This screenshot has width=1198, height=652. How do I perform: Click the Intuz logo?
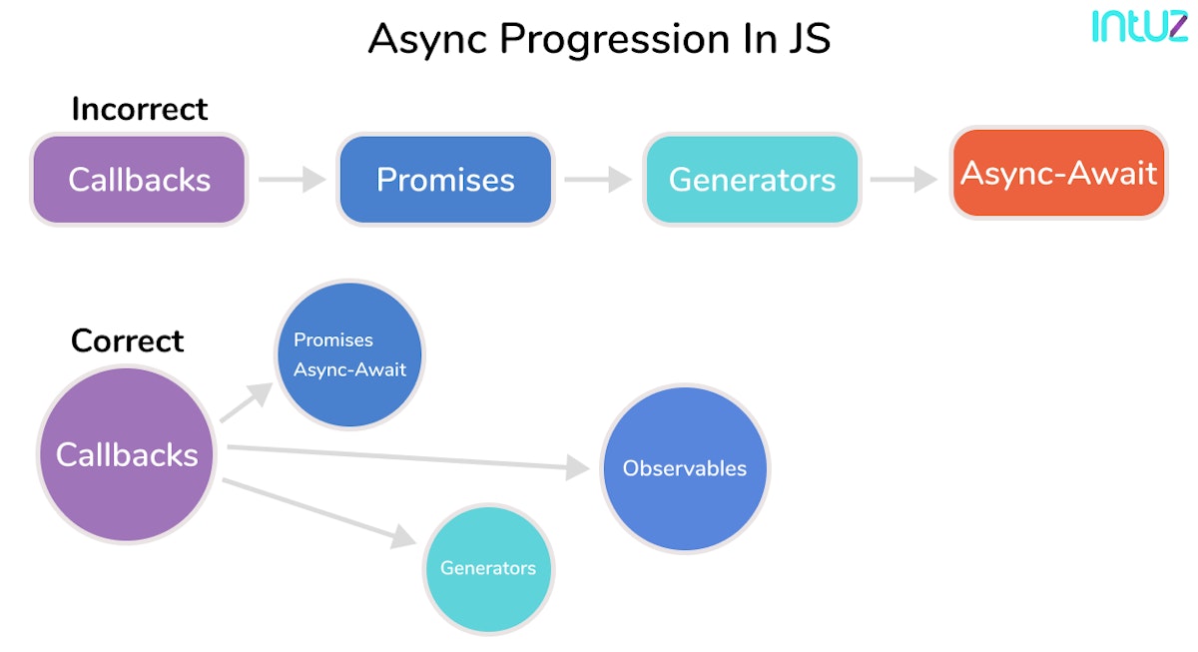click(1138, 26)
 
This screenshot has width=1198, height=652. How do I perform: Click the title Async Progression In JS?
click(599, 40)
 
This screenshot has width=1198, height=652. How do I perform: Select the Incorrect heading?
click(139, 108)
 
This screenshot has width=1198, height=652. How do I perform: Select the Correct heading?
click(127, 340)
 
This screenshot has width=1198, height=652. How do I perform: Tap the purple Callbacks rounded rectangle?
click(139, 180)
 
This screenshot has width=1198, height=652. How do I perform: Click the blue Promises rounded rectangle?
click(445, 180)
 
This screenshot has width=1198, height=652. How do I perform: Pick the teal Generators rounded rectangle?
click(752, 180)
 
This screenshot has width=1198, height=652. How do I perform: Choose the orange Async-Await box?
click(1058, 173)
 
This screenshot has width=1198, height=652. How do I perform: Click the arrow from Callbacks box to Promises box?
click(292, 180)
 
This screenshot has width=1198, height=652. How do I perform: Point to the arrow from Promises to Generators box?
click(597, 180)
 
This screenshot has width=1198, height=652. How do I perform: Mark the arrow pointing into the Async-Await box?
click(903, 180)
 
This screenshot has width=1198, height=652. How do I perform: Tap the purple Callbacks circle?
click(127, 455)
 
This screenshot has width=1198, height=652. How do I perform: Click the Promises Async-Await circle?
click(349, 354)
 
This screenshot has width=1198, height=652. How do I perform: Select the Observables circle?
click(685, 468)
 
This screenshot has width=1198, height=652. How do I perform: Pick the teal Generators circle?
click(488, 568)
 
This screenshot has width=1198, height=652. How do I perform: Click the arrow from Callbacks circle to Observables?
click(409, 457)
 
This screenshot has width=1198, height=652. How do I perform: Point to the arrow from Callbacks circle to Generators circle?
click(319, 513)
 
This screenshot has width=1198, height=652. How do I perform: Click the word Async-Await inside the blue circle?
click(349, 369)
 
